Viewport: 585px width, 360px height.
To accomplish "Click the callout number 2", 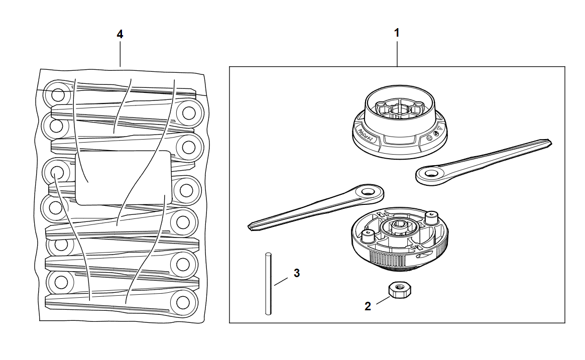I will click(368, 306).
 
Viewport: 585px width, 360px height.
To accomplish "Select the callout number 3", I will click(297, 273).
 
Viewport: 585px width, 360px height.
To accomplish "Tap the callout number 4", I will click(120, 34).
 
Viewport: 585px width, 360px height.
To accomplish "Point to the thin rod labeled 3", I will click(269, 284).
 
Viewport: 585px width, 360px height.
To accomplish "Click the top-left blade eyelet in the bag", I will click(57, 94).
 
